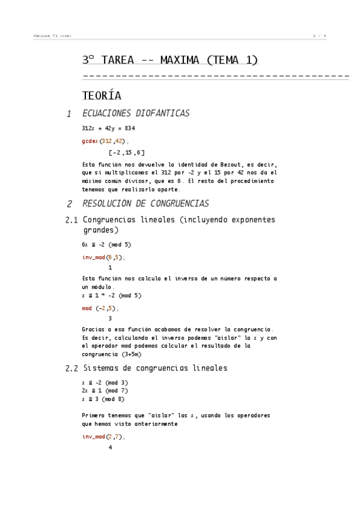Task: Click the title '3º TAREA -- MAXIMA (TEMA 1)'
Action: [x=170, y=60]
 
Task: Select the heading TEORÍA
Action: [x=102, y=96]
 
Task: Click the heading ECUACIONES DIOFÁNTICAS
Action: [x=136, y=114]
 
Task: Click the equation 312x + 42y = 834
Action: [x=108, y=129]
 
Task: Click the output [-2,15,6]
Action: [x=126, y=152]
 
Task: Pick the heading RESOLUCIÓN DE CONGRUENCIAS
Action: [x=145, y=204]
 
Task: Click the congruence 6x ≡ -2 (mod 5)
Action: [x=106, y=245]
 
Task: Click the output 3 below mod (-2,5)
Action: [x=110, y=318]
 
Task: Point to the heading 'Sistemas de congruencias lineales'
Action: [x=155, y=367]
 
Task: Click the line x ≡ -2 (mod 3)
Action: [x=105, y=382]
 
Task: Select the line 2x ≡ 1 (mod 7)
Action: [x=105, y=390]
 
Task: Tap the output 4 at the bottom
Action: [x=110, y=447]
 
